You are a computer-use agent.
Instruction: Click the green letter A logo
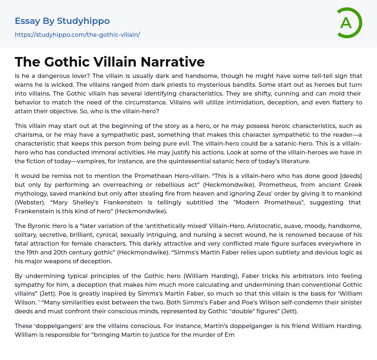tap(349, 23)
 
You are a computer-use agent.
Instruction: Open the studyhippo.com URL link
tap(77, 35)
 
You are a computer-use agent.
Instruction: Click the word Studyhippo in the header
tap(83, 21)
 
